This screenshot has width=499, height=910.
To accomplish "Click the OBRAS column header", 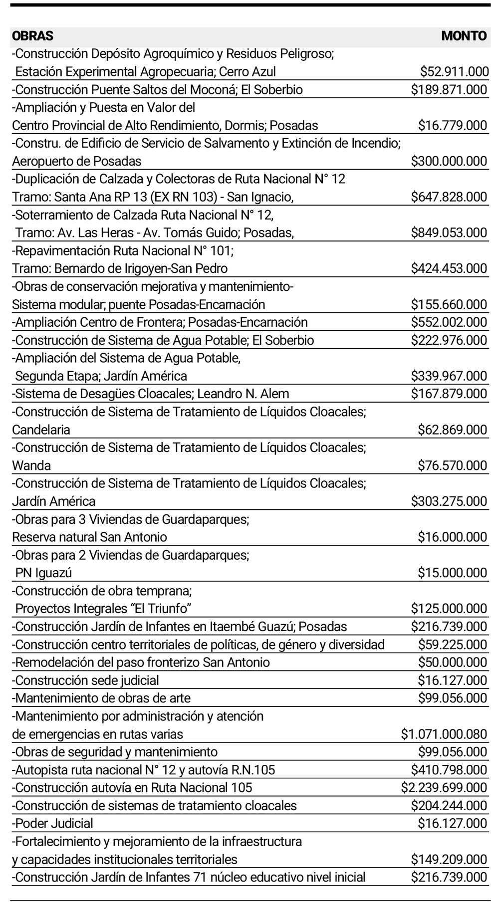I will [32, 36].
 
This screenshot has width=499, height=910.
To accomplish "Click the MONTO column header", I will [464, 36].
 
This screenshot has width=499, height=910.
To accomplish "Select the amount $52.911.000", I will [454, 72].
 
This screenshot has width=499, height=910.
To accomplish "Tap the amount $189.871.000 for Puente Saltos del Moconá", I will [449, 90].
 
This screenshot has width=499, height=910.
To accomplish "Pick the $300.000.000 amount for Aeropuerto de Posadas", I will [449, 161].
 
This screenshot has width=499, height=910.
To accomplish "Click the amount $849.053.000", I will [449, 232].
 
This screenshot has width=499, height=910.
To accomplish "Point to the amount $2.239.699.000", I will [444, 788].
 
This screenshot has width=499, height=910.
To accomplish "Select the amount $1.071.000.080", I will [444, 734].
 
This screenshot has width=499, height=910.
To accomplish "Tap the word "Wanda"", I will [31, 466].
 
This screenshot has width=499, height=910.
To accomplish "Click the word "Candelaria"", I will [41, 430].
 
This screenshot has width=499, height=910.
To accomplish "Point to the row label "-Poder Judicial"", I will [52, 823].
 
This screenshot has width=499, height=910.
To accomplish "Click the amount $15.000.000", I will [452, 573].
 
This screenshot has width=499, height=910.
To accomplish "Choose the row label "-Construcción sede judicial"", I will [85, 681].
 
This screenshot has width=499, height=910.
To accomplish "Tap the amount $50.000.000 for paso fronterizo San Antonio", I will [452, 663].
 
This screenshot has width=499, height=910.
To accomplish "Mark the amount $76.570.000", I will [452, 466].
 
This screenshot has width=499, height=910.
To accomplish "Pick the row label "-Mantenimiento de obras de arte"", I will [101, 698].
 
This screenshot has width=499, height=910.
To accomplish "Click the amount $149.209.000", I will [449, 860].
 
